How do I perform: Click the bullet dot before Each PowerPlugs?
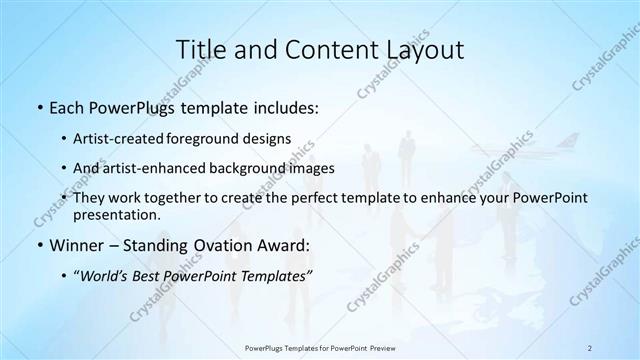point(38,108)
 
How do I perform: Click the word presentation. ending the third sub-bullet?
point(116,214)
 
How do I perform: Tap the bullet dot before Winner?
point(38,244)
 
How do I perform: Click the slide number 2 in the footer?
point(590,347)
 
